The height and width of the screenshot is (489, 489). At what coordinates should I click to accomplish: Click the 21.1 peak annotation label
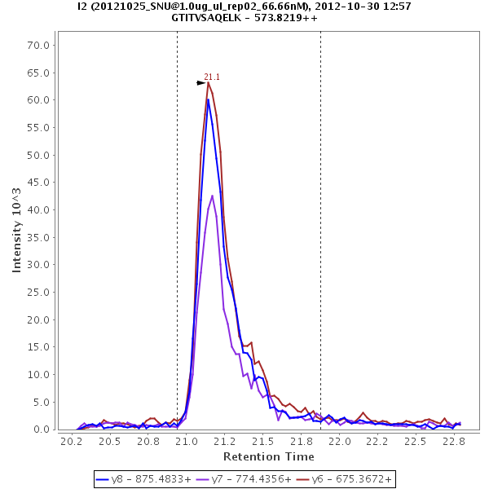(212, 77)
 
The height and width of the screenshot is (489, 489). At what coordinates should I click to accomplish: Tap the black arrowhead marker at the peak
(201, 82)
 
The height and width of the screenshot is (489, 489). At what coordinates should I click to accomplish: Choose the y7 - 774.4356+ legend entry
(244, 479)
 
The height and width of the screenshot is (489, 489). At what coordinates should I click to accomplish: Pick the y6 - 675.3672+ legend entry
(342, 479)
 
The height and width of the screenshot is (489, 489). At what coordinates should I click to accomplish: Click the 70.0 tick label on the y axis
(39, 45)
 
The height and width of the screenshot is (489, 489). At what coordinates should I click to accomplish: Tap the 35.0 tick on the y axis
(39, 237)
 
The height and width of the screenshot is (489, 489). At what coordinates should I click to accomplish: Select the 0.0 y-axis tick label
(42, 430)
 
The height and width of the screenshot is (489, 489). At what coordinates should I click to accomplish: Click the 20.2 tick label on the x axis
(71, 442)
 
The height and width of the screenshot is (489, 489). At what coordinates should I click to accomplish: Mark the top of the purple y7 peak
(212, 196)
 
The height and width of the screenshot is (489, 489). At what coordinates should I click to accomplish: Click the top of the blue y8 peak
(208, 99)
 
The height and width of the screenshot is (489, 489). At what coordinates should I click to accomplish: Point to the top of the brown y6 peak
(208, 82)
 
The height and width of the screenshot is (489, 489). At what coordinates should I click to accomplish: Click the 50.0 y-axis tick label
(39, 155)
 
